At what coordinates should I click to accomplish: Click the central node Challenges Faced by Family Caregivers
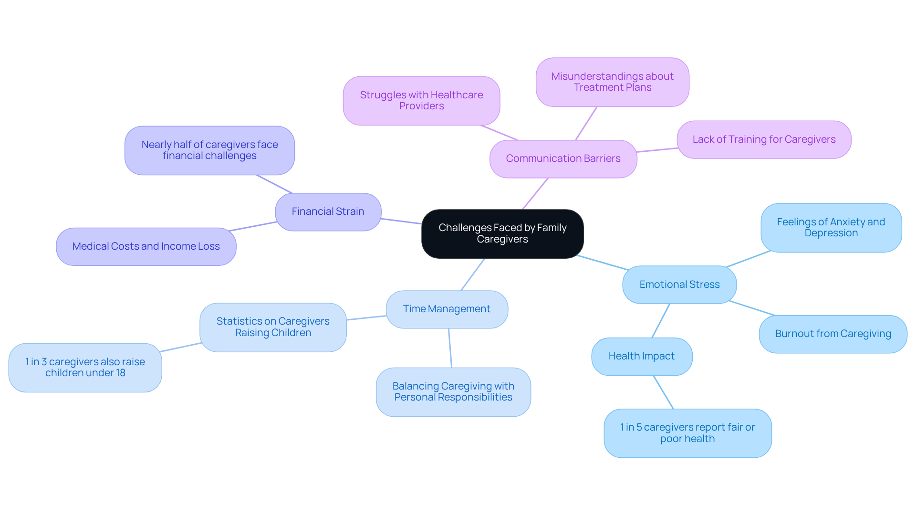pyautogui.click(x=502, y=233)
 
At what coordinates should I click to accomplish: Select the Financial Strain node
pyautogui.click(x=328, y=211)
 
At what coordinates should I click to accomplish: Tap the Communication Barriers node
pyautogui.click(x=563, y=158)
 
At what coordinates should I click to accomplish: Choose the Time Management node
pyautogui.click(x=447, y=309)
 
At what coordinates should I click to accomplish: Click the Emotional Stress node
pyautogui.click(x=679, y=285)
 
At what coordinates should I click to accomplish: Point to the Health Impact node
pyautogui.click(x=641, y=356)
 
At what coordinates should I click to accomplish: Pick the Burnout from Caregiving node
pyautogui.click(x=833, y=334)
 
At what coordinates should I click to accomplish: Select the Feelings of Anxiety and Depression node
pyautogui.click(x=831, y=228)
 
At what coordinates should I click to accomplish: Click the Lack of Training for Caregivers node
pyautogui.click(x=764, y=139)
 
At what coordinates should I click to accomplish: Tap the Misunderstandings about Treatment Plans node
pyautogui.click(x=612, y=82)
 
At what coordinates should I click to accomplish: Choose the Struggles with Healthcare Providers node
pyautogui.click(x=421, y=101)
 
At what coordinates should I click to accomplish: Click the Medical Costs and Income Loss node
pyautogui.click(x=146, y=246)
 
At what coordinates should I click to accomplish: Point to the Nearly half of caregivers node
pyautogui.click(x=209, y=150)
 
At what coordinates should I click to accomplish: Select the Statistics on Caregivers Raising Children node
pyautogui.click(x=273, y=327)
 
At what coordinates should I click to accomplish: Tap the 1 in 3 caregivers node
pyautogui.click(x=85, y=367)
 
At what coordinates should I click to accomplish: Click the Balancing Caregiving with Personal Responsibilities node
pyautogui.click(x=453, y=391)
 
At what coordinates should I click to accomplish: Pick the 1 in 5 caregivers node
pyautogui.click(x=687, y=433)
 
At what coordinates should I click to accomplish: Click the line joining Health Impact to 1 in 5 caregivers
pyautogui.click(x=663, y=392)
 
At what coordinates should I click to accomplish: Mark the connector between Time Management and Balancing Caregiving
pyautogui.click(x=450, y=348)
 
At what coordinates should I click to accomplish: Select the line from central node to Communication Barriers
pyautogui.click(x=535, y=194)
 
